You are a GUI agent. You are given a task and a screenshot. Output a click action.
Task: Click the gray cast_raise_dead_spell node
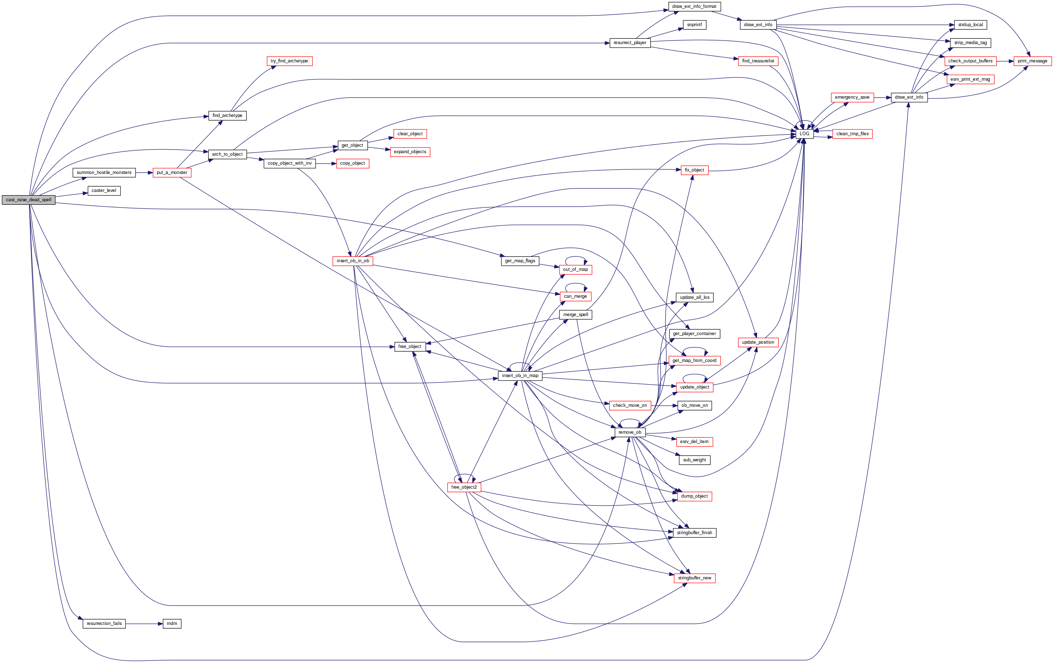point(28,200)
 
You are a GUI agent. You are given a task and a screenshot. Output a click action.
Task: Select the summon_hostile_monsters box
point(104,173)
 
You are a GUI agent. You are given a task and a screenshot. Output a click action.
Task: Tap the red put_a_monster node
point(172,173)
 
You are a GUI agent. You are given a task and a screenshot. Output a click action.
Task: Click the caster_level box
point(104,191)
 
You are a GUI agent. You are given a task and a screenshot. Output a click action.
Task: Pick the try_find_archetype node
point(289,61)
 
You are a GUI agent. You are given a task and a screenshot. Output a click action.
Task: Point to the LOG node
point(804,133)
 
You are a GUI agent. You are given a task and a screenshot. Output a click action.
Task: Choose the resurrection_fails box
point(104,623)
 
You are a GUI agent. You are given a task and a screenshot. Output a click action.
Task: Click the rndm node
point(172,623)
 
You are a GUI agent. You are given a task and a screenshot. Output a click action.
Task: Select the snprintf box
point(694,24)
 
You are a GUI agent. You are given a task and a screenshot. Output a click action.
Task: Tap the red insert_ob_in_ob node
point(353,260)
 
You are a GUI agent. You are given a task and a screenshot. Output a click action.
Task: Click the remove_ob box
point(630,432)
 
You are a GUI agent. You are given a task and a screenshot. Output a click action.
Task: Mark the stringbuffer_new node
point(695,578)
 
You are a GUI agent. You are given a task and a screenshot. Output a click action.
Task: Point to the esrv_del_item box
point(694,441)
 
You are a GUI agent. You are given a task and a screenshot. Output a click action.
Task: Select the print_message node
point(1032,61)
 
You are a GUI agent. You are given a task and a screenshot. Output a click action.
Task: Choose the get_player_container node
point(694,334)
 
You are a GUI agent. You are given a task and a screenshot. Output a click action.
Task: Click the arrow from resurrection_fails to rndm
point(144,623)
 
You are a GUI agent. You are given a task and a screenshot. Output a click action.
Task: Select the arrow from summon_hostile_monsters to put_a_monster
point(144,173)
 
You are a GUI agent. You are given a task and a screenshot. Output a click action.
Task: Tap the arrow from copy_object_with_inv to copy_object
point(326,163)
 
